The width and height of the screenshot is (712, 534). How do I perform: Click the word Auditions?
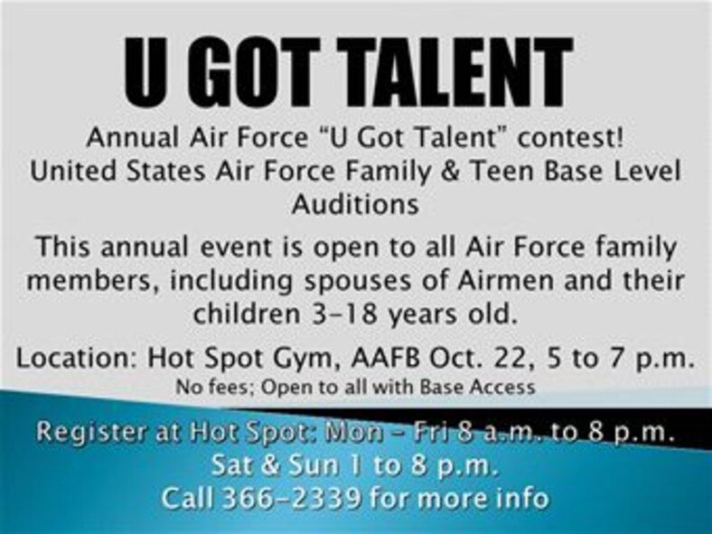pos(355,204)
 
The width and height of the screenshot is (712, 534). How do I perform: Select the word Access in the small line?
pos(507,387)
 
